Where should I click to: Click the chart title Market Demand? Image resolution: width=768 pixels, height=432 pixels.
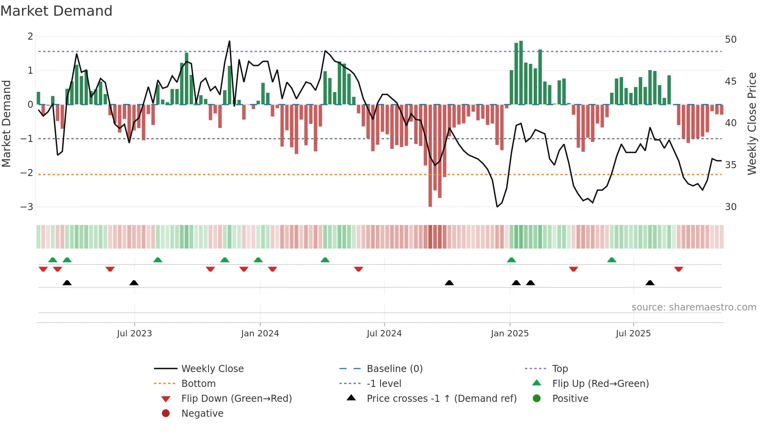tap(56, 11)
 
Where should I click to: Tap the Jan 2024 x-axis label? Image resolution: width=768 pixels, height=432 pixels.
tap(260, 334)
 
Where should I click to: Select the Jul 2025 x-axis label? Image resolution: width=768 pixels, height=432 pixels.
tap(633, 334)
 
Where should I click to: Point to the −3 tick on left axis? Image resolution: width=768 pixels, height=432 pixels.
tap(27, 207)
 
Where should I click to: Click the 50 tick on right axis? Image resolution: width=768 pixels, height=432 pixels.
tap(730, 40)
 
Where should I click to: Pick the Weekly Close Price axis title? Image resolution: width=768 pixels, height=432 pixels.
tap(752, 123)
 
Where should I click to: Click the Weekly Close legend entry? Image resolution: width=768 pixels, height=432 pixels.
tap(212, 369)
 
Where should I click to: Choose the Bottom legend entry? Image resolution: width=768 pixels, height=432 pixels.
tap(198, 384)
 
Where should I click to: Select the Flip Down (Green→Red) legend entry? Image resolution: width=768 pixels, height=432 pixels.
tap(236, 399)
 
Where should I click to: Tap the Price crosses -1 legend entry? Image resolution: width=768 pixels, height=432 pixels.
tap(441, 399)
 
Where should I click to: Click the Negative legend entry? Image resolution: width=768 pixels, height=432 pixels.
tap(202, 414)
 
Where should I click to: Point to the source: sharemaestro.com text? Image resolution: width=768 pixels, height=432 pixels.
tap(694, 307)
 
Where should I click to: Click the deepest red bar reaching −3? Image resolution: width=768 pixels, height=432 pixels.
tap(430, 157)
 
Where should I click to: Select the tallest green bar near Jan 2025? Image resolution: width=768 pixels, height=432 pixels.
tap(521, 73)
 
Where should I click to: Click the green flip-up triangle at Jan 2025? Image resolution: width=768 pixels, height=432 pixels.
tap(511, 260)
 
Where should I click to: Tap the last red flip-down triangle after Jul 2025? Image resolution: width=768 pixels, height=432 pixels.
tap(679, 269)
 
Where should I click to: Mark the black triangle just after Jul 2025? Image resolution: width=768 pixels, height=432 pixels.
tap(650, 283)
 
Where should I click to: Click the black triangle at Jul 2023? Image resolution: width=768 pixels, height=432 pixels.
tap(134, 283)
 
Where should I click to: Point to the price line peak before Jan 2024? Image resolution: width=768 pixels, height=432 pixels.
tap(230, 41)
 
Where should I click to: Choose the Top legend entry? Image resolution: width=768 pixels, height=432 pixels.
tap(560, 369)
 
